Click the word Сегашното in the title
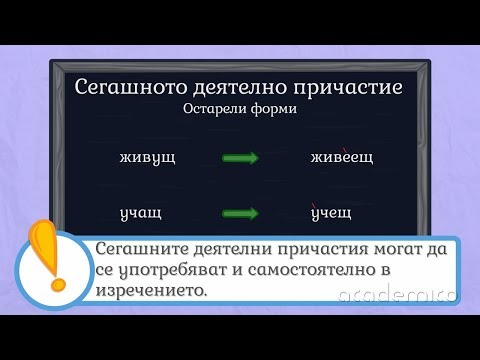pos(126,87)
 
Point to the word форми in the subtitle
pos(272,109)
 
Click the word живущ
pos(147,158)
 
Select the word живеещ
pos(335,159)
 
